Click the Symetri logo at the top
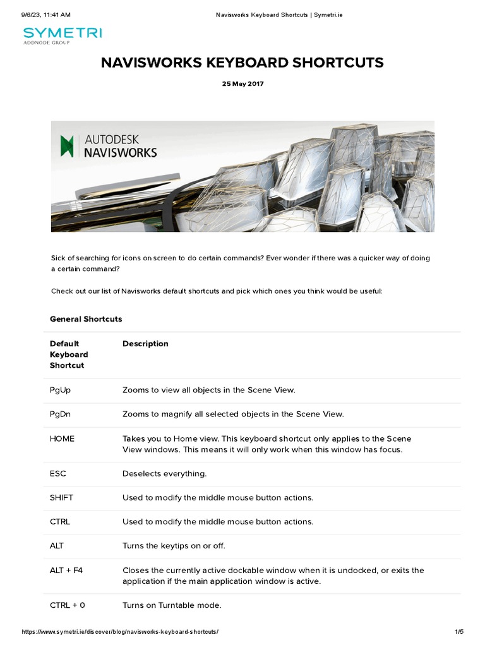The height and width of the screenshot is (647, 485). click(x=62, y=35)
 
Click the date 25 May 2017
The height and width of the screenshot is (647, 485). click(x=242, y=84)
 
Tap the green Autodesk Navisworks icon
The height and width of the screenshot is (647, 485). click(x=67, y=145)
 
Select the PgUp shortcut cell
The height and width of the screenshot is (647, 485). click(x=61, y=390)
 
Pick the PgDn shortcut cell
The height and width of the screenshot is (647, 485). click(x=61, y=414)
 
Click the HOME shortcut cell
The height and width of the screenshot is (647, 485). click(x=62, y=438)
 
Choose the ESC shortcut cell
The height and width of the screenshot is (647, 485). click(x=58, y=474)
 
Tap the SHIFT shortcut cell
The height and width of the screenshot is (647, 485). click(x=62, y=498)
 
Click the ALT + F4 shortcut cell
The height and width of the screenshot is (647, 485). click(x=66, y=571)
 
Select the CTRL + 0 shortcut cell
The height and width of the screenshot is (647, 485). click(x=68, y=605)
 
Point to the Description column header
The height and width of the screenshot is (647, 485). click(x=145, y=344)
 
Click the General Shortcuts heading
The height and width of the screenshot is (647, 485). click(x=86, y=319)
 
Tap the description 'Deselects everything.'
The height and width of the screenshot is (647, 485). click(x=165, y=474)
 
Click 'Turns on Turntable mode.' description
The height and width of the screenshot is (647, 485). click(x=172, y=605)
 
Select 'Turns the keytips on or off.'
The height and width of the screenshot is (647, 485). click(x=174, y=546)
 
